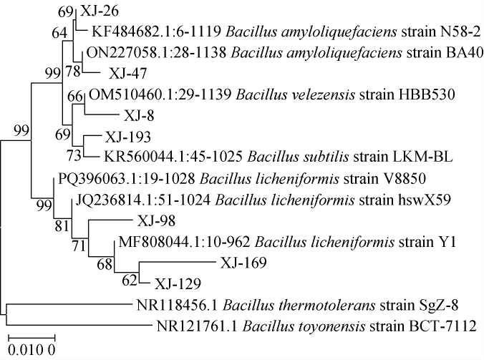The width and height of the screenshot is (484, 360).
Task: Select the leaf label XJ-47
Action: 125,73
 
